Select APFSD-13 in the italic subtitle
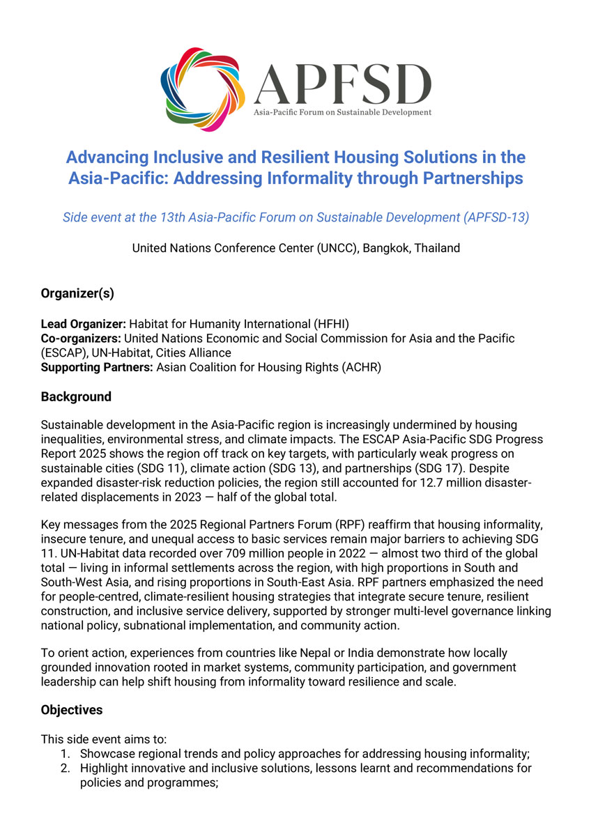[496, 217]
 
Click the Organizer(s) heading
[77, 293]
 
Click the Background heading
[76, 397]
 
